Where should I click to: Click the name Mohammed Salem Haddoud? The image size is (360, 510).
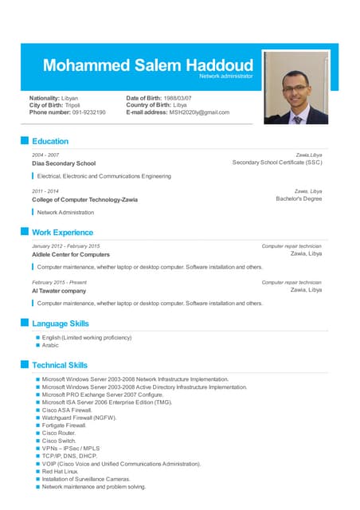coord(148,65)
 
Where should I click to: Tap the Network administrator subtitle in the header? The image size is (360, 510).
coord(225,76)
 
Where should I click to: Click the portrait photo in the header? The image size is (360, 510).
coord(295,87)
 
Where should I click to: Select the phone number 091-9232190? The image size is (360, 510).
coord(89,112)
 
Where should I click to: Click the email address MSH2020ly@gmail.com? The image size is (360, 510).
coord(199,112)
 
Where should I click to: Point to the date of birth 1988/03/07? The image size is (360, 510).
coord(179,97)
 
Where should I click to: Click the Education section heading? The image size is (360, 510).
coord(50,141)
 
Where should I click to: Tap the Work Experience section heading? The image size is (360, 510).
coord(62,233)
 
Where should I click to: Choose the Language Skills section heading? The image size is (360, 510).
coord(61,324)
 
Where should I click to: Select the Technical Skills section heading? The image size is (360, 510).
coord(60,365)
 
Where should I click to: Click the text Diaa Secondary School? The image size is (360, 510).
coord(64,163)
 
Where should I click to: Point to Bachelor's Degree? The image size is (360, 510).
coord(299,199)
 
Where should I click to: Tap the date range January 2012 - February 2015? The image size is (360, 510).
coord(66,246)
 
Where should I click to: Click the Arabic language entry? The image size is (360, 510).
coord(50,346)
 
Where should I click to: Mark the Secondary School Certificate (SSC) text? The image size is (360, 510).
coord(277,163)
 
